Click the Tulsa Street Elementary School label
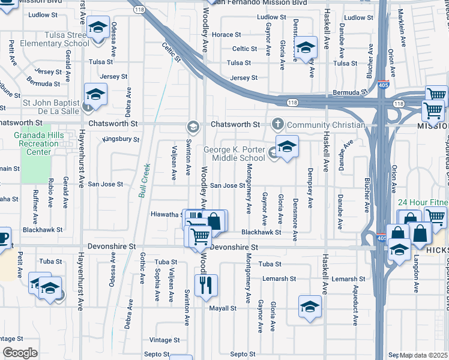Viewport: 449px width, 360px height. pos(55,39)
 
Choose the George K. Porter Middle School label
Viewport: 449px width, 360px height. pos(235,154)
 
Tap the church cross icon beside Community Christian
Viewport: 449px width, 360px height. pos(277,124)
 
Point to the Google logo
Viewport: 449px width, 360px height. pos(20,353)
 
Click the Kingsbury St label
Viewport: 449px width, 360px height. pos(121,139)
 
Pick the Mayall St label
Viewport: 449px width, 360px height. pos(222,308)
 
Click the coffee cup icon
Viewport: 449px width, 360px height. pos(3,236)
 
